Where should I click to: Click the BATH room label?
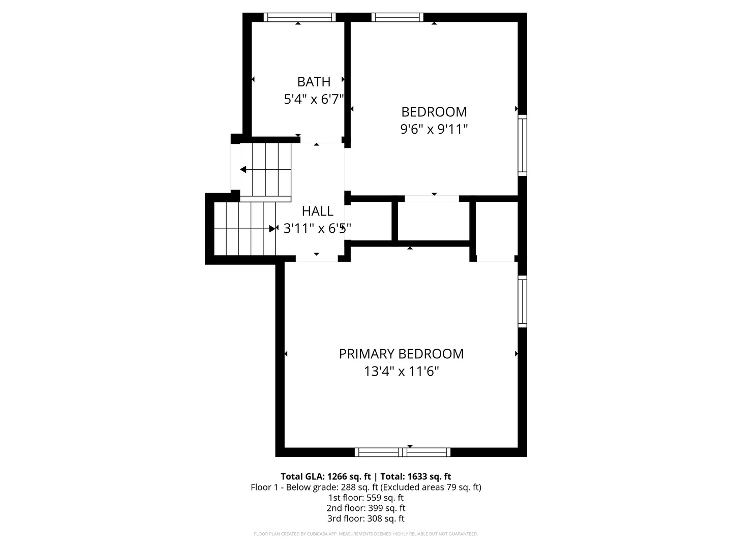(314, 82)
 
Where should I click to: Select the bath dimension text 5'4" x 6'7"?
(314, 99)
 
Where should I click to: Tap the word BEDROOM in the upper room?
(434, 112)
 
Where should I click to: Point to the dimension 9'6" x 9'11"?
(434, 129)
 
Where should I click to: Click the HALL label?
(317, 211)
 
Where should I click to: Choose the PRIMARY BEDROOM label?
(401, 354)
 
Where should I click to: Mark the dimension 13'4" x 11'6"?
(401, 371)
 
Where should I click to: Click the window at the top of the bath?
(299, 17)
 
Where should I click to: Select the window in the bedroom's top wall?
(397, 17)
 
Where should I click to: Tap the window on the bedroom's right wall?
(522, 145)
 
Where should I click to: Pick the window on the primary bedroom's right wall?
(522, 301)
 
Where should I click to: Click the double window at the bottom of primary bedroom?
(402, 452)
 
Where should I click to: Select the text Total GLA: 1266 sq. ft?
(325, 476)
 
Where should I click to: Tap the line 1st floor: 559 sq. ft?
(366, 498)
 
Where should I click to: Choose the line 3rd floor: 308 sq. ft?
(366, 518)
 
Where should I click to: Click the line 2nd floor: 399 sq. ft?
(366, 508)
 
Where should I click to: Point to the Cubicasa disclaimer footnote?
(366, 534)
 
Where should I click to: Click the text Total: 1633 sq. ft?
(415, 476)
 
